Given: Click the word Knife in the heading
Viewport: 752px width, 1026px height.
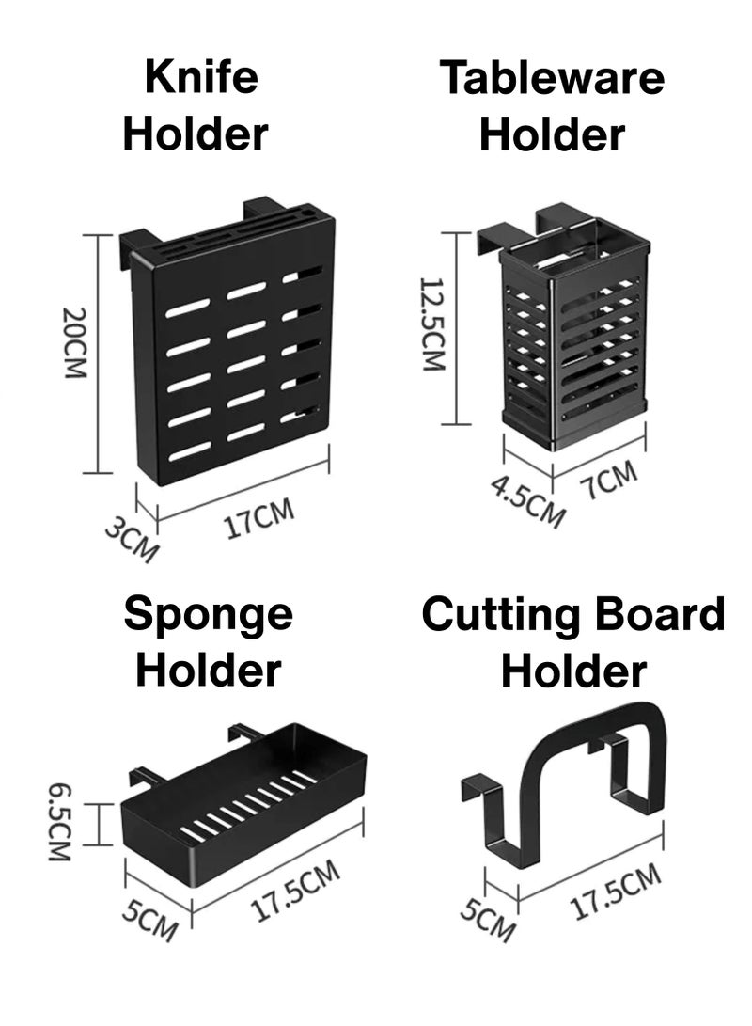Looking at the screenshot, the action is (201, 77).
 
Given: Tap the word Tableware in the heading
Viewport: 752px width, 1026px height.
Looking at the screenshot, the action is (553, 77).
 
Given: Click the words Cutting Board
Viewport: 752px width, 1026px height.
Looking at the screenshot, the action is (573, 614).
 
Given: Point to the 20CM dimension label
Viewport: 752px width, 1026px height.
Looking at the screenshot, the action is (74, 342).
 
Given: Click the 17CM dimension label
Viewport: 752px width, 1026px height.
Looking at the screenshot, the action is (258, 519).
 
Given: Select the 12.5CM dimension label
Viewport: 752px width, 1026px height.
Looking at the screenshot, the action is (432, 324).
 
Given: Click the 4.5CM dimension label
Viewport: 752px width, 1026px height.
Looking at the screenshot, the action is (527, 501).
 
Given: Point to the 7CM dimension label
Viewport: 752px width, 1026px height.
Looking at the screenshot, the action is (609, 479).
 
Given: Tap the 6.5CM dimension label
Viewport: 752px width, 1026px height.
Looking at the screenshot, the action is (59, 823).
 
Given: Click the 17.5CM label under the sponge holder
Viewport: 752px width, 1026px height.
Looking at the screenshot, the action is (295, 890).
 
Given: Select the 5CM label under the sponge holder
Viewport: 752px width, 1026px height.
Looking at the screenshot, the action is (149, 921).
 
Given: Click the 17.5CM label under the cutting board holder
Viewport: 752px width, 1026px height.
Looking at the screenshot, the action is (616, 891).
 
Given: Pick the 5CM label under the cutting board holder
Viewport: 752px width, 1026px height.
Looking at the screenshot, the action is (488, 920).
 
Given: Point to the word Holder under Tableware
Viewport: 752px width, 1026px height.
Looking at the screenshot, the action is (553, 134).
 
